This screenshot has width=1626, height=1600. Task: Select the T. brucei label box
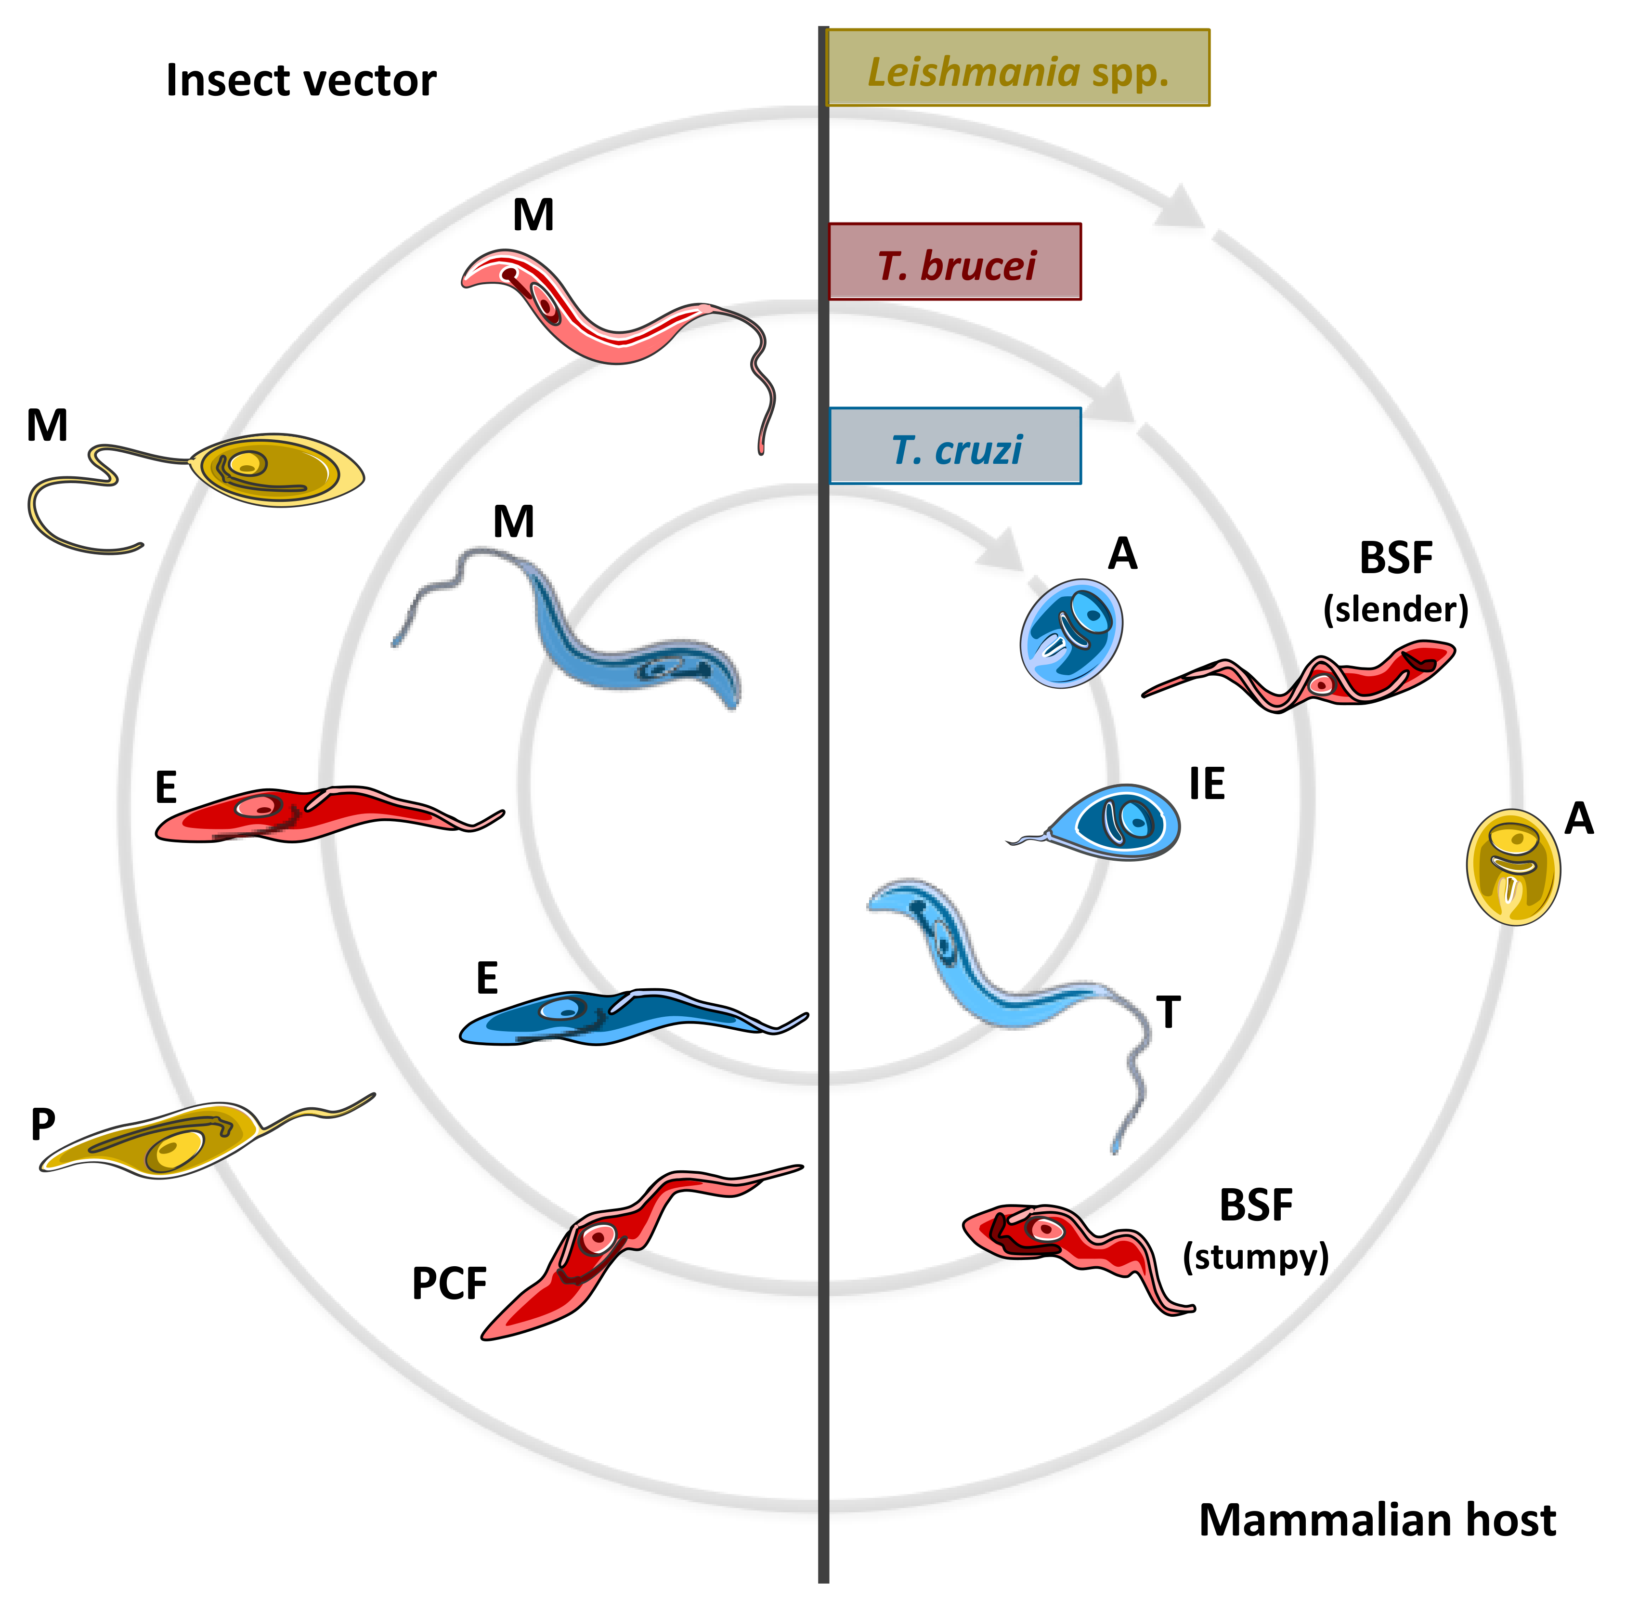(x=954, y=262)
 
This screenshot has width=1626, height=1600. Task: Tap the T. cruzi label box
(x=955, y=446)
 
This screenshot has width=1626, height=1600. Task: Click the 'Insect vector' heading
(x=300, y=80)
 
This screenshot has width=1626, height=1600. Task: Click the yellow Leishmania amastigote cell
(x=1513, y=866)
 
